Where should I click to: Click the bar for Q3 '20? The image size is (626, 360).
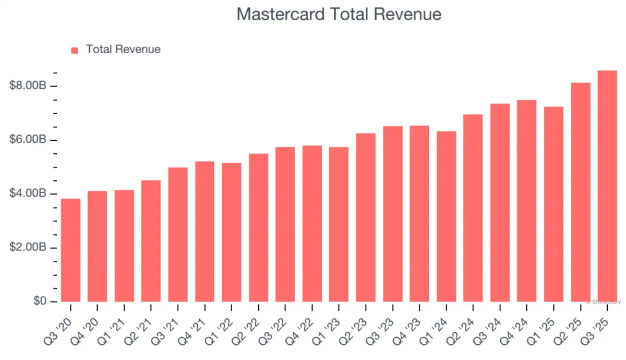coord(70,250)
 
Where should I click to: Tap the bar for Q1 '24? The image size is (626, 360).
coord(446,217)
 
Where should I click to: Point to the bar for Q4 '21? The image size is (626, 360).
coord(204,232)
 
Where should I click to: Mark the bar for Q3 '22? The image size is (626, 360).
coord(285,224)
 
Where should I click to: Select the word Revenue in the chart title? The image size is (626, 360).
coord(408,14)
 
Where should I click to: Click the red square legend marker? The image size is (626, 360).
coord(75,50)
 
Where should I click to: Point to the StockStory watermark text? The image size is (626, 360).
coord(604,302)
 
